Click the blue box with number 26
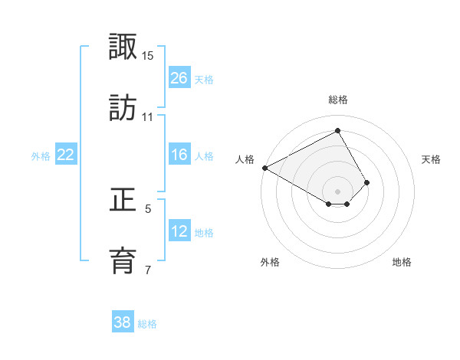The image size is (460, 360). pos(179,77)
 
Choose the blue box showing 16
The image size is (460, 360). pos(179,155)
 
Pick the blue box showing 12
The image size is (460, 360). pos(179,231)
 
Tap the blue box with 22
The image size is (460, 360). pos(66,155)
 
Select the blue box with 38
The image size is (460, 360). pos(123,322)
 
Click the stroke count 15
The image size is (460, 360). pos(148,56)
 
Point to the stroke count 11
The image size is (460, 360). pos(148,116)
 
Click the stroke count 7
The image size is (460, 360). pos(148,269)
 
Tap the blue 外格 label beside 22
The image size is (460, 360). pos(41,155)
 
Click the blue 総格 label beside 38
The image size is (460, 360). pos(147,323)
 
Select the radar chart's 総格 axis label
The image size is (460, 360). pos(337,100)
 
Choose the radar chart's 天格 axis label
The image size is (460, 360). pos(432,159)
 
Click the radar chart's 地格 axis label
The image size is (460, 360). pos(402,262)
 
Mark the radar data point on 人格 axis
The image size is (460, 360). pos(264,167)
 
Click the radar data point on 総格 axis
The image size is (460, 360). pos(337,131)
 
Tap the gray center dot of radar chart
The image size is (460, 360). pos(337,191)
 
